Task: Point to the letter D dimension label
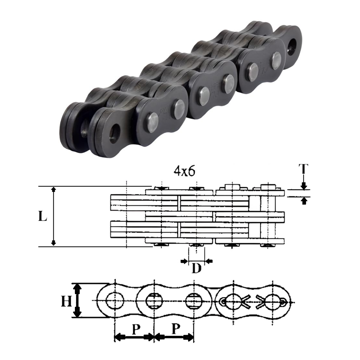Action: coord(196,269)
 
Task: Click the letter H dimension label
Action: coord(66,301)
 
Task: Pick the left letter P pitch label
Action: coord(135,328)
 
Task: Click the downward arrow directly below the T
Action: coord(304,185)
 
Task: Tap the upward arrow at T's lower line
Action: coord(304,201)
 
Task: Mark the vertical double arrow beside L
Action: coord(54,216)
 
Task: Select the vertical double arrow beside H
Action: coord(76,300)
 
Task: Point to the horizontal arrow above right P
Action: coord(174,337)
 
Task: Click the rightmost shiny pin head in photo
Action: coord(276,60)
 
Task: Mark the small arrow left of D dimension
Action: coord(184,261)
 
